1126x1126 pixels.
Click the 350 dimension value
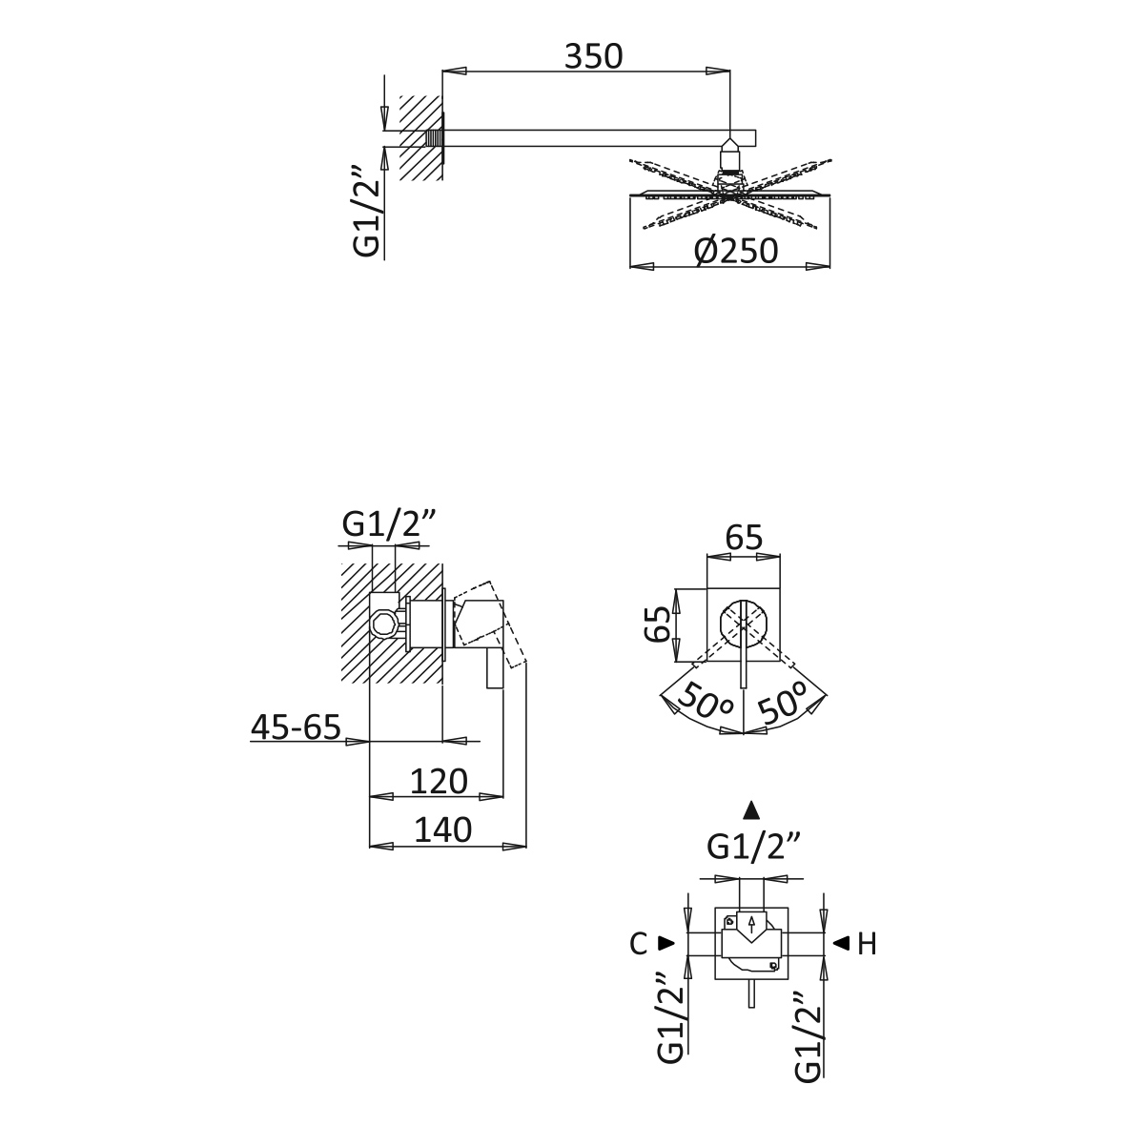pyautogui.click(x=593, y=57)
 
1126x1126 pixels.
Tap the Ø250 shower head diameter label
pyautogui.click(x=736, y=251)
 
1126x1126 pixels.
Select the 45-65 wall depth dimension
pyautogui.click(x=296, y=727)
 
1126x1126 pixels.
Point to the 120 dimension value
pyautogui.click(x=439, y=781)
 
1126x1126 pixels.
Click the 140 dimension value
pyautogui.click(x=443, y=830)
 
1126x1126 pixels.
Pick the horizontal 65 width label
pyautogui.click(x=744, y=537)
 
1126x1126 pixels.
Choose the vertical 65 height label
pyautogui.click(x=658, y=624)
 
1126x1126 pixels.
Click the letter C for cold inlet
pyautogui.click(x=639, y=944)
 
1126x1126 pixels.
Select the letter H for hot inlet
pyautogui.click(x=868, y=944)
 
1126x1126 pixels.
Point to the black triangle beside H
pyautogui.click(x=841, y=942)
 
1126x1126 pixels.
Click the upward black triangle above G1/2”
pyautogui.click(x=751, y=810)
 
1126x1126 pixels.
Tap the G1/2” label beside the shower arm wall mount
pyautogui.click(x=367, y=211)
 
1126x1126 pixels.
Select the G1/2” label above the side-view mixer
pyautogui.click(x=389, y=525)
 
